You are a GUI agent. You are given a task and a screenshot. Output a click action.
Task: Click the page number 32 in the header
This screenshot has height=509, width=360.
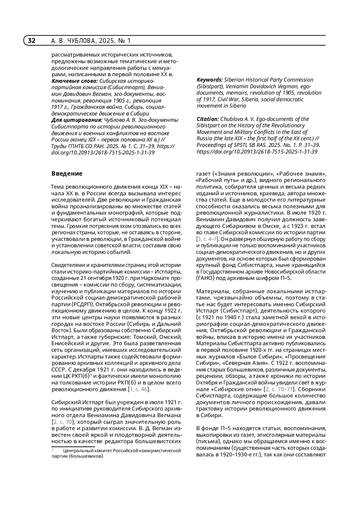[31, 40]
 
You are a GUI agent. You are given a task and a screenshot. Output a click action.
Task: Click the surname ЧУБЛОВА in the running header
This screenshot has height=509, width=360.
[81, 41]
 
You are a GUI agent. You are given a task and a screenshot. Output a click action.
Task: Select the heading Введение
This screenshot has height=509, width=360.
[67, 174]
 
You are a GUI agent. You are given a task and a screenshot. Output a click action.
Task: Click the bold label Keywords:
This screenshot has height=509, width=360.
[210, 80]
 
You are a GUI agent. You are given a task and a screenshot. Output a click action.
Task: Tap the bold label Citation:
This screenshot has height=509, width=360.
[208, 119]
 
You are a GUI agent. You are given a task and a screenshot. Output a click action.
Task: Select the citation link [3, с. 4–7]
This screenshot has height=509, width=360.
[208, 239]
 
